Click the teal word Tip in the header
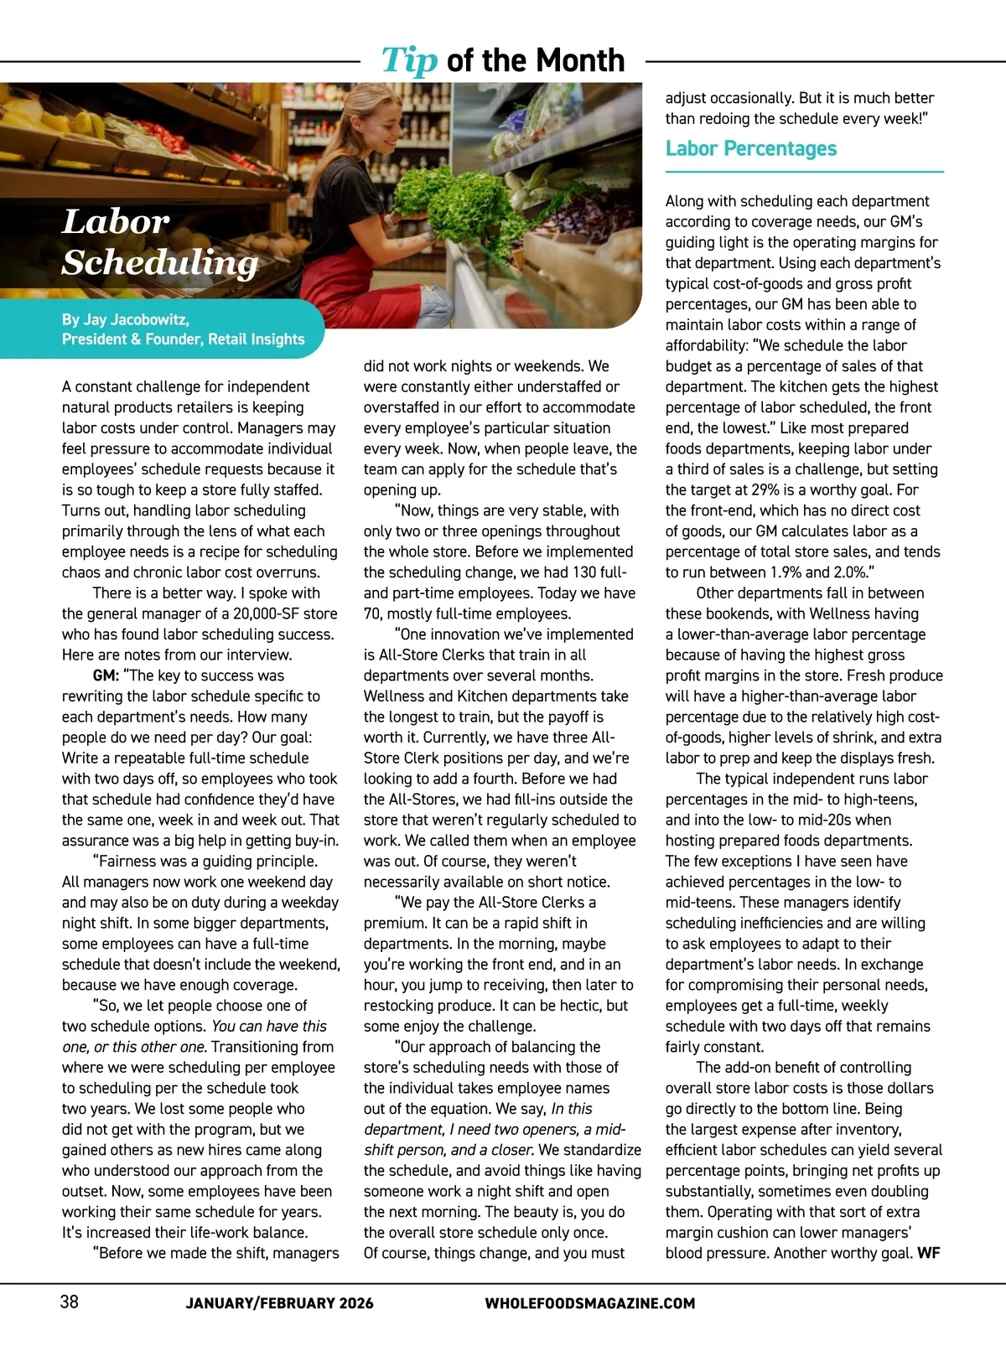[409, 60]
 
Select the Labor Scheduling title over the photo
[159, 242]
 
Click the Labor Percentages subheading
[750, 148]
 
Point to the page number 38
[70, 1302]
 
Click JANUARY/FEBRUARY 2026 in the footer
[279, 1303]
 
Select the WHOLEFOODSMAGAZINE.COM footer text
[589, 1303]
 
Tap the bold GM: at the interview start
[105, 676]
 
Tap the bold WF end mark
[929, 1254]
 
